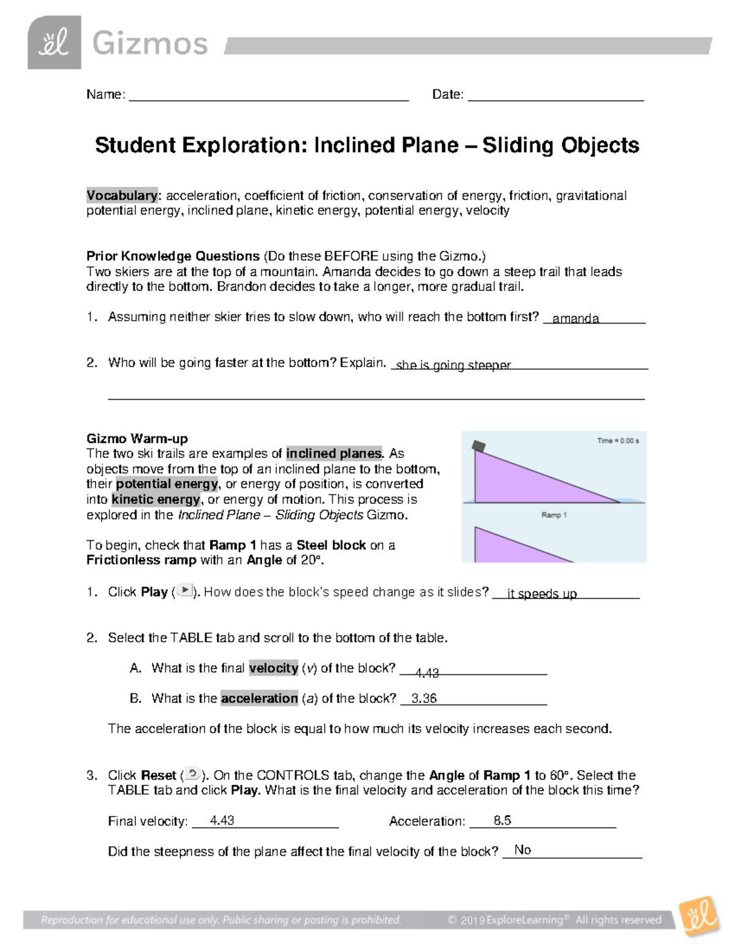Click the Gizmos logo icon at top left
pos(54,43)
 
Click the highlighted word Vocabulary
pos(122,196)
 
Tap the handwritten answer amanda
pos(575,318)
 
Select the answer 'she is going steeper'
pos(453,365)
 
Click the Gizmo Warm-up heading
pos(137,438)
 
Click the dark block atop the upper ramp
pos(478,446)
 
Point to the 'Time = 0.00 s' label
pos(618,441)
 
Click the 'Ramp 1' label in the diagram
pos(554,515)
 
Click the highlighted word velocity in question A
pos(273,668)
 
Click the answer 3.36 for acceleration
pos(424,699)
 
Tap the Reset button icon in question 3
pos(192,774)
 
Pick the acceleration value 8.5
pos(502,821)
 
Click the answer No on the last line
pos(522,850)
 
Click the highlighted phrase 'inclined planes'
pos(334,454)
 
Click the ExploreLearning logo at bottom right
pos(699,916)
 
